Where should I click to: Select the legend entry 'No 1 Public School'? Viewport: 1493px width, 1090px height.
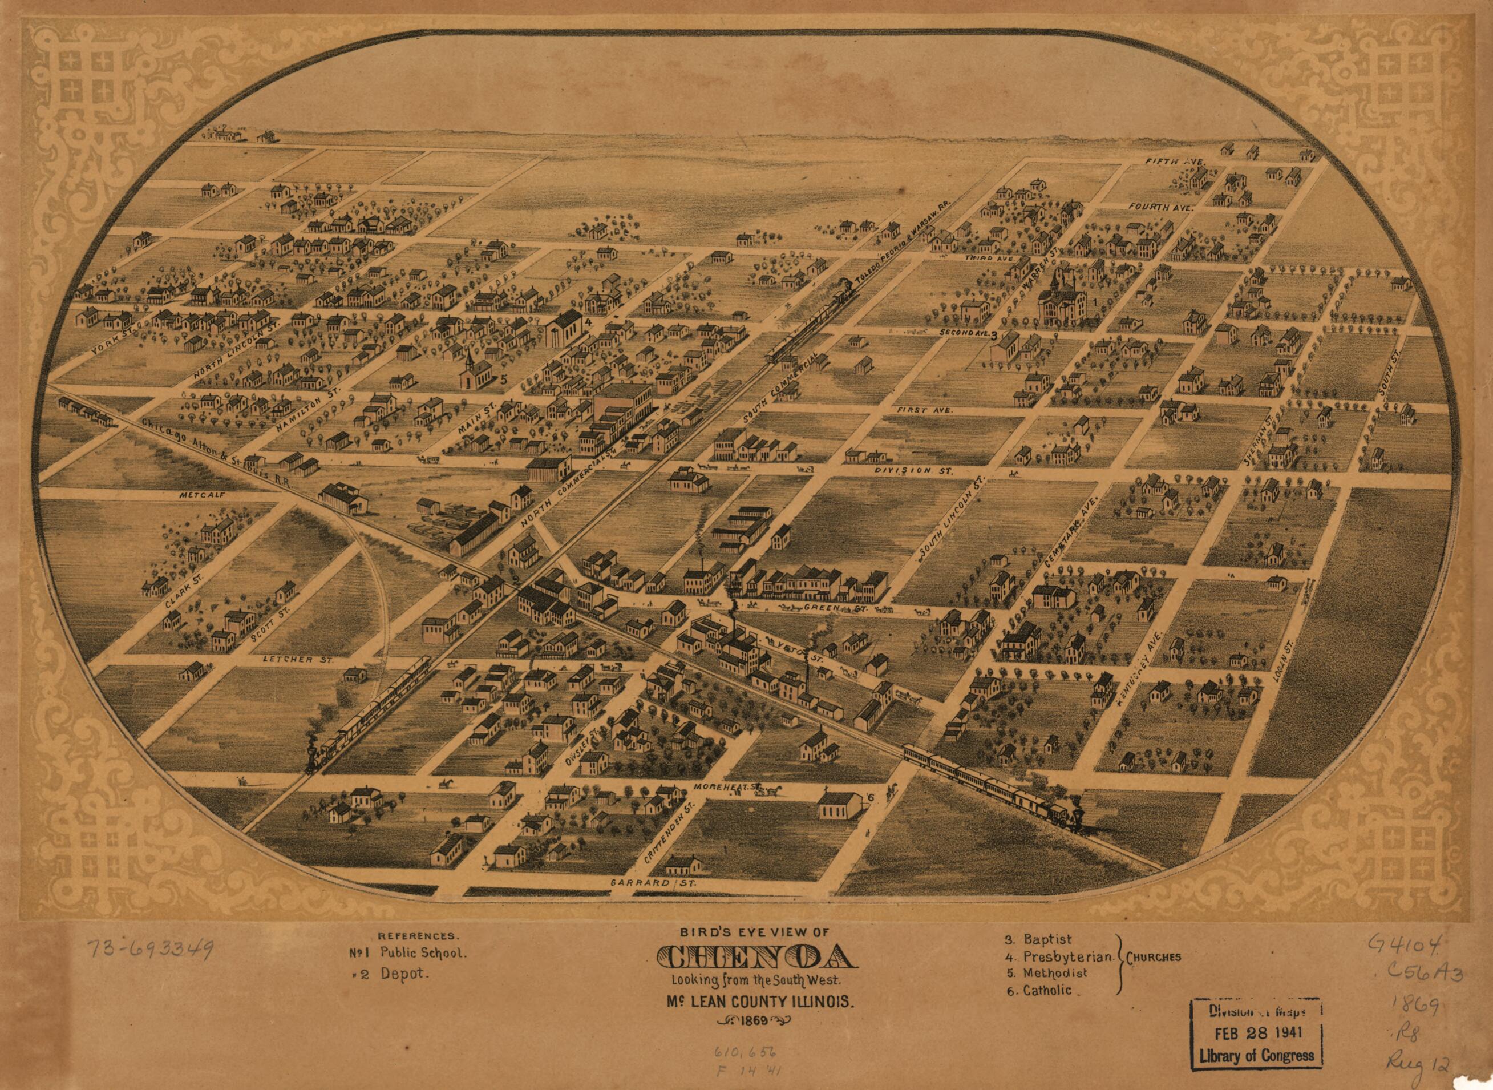pos(408,953)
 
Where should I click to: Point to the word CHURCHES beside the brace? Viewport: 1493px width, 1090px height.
pos(1154,958)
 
